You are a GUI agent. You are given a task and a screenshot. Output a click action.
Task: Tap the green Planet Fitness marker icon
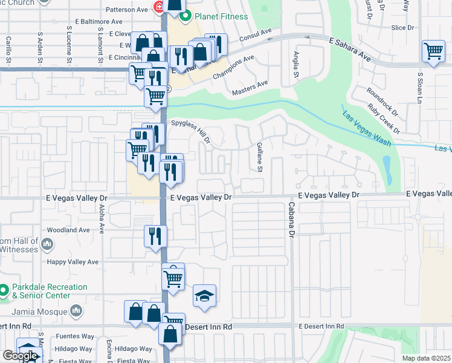coord(186,16)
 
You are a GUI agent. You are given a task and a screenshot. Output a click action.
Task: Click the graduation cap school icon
coord(204,296)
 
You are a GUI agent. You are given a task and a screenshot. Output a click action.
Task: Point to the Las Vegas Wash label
coord(366,129)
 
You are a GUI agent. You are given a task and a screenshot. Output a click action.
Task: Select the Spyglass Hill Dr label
coord(190,131)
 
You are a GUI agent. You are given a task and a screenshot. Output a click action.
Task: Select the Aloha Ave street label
coord(102,218)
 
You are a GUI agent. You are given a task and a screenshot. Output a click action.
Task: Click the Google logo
coord(20,356)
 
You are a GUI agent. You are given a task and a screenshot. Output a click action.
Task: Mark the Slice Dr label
coord(402,28)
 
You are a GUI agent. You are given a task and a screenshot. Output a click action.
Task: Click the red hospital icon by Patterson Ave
coord(158,7)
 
